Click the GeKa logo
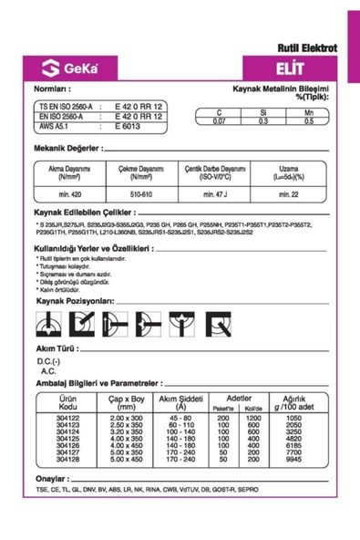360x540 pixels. (x=65, y=67)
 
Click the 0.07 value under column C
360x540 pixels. (x=219, y=120)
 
